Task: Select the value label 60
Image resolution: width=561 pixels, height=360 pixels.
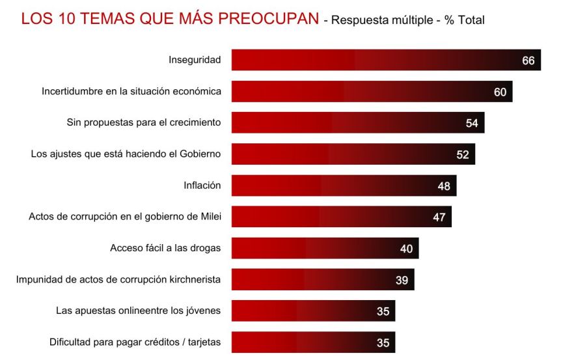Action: (500, 92)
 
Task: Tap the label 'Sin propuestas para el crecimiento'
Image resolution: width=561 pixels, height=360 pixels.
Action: (144, 122)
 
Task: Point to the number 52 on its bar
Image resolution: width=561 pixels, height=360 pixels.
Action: (463, 154)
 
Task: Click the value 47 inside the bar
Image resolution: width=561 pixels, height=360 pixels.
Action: (439, 217)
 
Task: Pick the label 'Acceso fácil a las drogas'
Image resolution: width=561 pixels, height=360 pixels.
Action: (165, 248)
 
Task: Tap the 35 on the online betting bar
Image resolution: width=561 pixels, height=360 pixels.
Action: (383, 311)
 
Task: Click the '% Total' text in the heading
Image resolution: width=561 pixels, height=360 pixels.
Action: (464, 20)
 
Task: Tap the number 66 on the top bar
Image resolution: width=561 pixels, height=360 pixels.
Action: (528, 61)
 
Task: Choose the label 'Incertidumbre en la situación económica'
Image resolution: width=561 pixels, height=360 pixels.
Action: (131, 91)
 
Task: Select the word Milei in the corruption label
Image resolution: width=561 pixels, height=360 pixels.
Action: (209, 217)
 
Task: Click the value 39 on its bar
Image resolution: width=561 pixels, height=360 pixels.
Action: (402, 280)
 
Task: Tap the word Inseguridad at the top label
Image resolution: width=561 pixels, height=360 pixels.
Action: (195, 60)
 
